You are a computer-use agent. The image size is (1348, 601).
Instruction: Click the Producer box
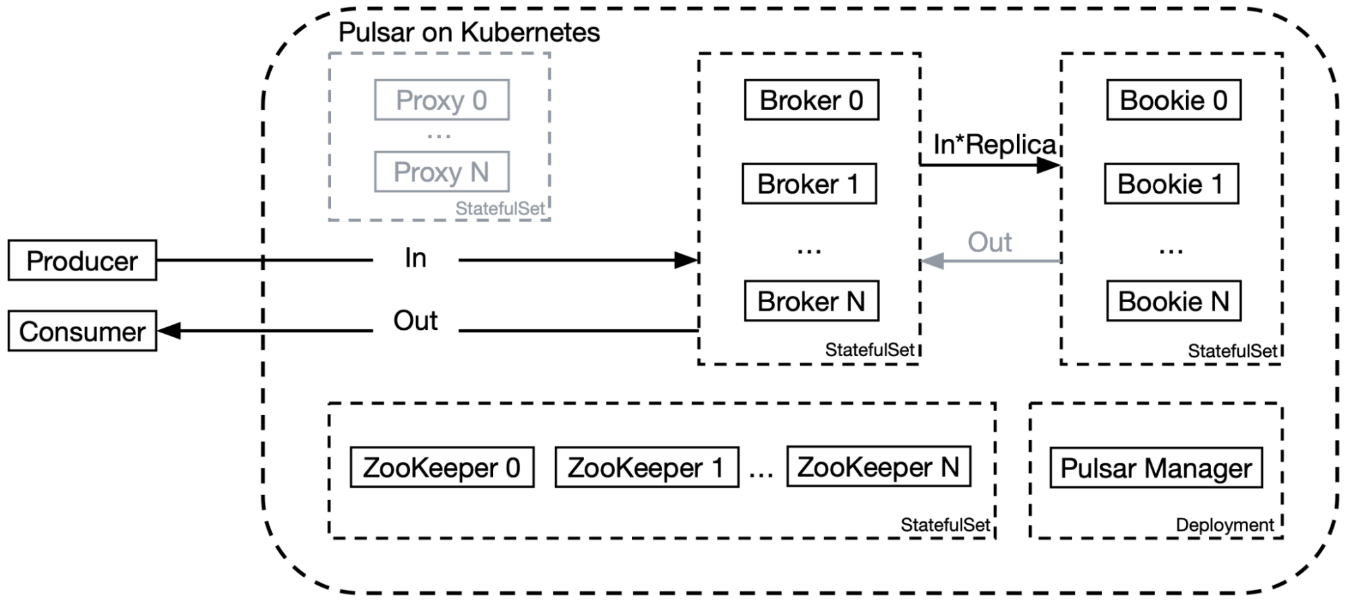82,260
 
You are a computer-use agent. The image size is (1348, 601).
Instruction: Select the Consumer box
82,331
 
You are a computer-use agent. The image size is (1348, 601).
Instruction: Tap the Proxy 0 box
442,101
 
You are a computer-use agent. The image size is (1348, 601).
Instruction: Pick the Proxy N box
442,172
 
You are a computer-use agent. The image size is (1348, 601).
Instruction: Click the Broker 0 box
811,101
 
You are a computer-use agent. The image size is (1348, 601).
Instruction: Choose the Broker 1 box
809,183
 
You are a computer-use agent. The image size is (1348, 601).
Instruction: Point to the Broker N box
811,301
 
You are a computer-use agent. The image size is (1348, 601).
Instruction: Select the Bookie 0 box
1173,101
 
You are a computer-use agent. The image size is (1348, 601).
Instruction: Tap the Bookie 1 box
1171,183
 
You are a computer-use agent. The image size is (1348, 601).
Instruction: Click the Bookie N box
1173,301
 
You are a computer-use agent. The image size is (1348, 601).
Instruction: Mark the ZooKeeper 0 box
442,467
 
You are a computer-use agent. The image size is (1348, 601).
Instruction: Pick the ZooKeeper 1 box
646,467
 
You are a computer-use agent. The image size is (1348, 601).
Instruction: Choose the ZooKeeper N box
879,467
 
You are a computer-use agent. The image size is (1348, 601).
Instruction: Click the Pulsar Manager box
1156,468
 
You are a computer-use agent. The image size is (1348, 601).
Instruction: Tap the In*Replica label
994,144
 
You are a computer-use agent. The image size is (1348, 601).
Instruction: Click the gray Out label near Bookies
989,242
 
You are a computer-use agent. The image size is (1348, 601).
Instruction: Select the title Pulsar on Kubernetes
469,32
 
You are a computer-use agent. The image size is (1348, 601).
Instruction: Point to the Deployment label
1225,525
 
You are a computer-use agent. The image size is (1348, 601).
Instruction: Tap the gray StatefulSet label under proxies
500,208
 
